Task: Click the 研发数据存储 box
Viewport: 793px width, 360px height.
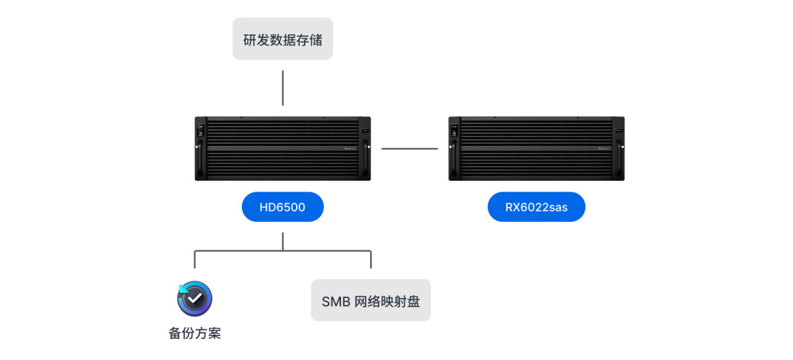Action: tap(283, 39)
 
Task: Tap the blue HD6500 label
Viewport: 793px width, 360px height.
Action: tap(282, 207)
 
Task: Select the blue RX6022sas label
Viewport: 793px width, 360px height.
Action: tap(536, 207)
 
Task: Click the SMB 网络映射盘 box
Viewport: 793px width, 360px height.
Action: tap(371, 301)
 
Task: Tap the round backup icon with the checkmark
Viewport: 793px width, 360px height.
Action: tap(194, 299)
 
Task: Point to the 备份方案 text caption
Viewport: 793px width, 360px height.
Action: tap(194, 334)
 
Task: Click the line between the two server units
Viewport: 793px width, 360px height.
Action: tap(410, 149)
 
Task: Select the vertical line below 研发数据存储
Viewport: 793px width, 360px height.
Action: tap(283, 88)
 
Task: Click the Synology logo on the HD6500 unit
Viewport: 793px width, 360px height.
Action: tap(351, 149)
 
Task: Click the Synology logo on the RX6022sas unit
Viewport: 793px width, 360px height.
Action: tap(605, 149)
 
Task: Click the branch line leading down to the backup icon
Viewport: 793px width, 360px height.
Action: tap(195, 259)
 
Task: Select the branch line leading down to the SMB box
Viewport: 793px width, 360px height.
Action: tap(371, 259)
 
